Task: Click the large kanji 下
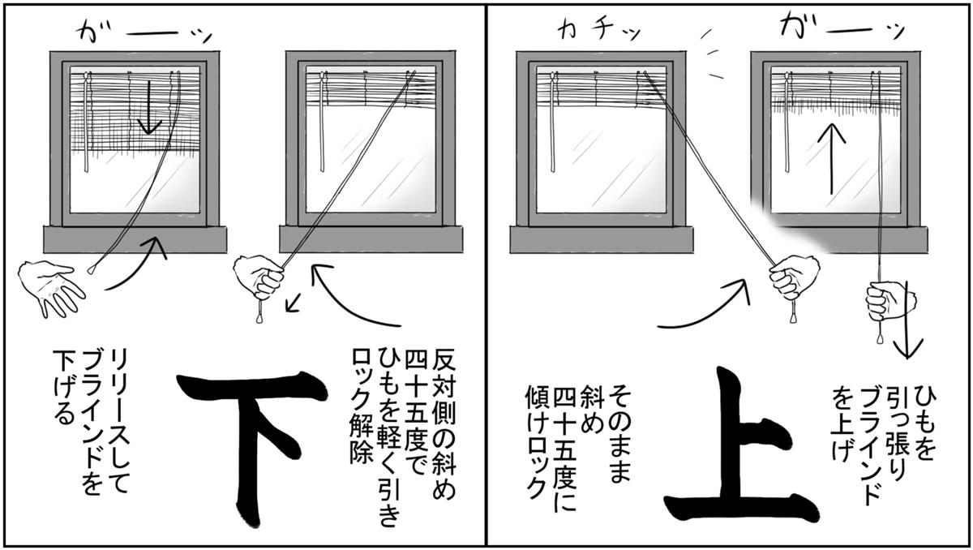pyautogui.click(x=251, y=448)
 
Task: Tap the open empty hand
pyautogui.click(x=51, y=287)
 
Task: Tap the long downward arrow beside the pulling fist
pyautogui.click(x=907, y=320)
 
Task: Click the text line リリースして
pyautogui.click(x=118, y=421)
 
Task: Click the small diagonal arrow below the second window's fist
pyautogui.click(x=294, y=303)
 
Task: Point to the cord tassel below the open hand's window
pyautogui.click(x=92, y=270)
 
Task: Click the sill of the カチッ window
pyautogui.click(x=601, y=239)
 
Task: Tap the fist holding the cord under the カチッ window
pyautogui.click(x=794, y=278)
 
